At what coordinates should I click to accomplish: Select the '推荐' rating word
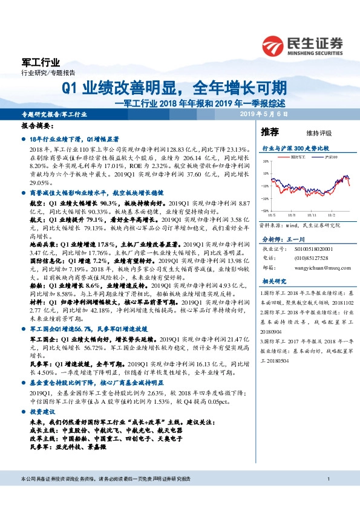pos(269,131)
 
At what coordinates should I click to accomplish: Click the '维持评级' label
pos(310,132)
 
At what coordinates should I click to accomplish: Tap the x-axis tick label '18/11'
pos(310,214)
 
